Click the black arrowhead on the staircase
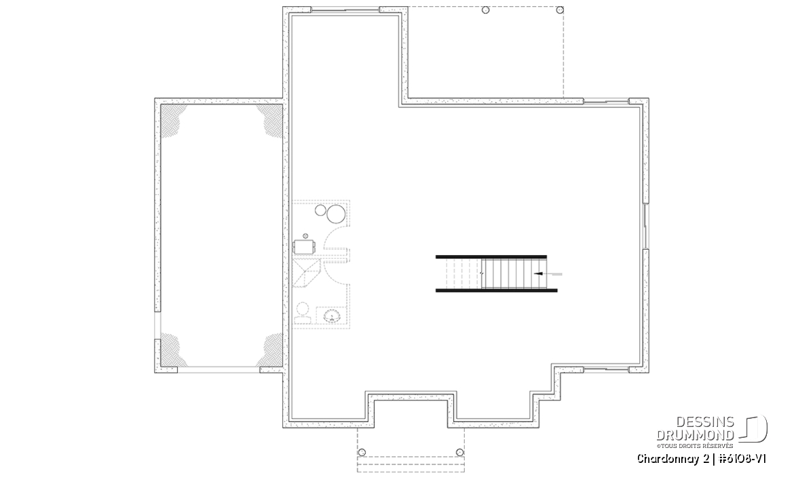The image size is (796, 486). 536,274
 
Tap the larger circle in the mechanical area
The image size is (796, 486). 335,214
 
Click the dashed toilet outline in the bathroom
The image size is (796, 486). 303,312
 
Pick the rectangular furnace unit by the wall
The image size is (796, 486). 305,247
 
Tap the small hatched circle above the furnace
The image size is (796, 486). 305,236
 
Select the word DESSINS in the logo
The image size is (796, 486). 705,422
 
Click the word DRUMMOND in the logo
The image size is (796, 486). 696,434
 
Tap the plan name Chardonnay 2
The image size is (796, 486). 672,459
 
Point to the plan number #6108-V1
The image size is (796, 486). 742,459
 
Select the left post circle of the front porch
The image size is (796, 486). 362,453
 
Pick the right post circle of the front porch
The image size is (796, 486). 460,452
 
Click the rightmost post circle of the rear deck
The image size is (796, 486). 560,10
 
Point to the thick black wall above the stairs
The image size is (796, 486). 491,257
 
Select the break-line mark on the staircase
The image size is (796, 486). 482,274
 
